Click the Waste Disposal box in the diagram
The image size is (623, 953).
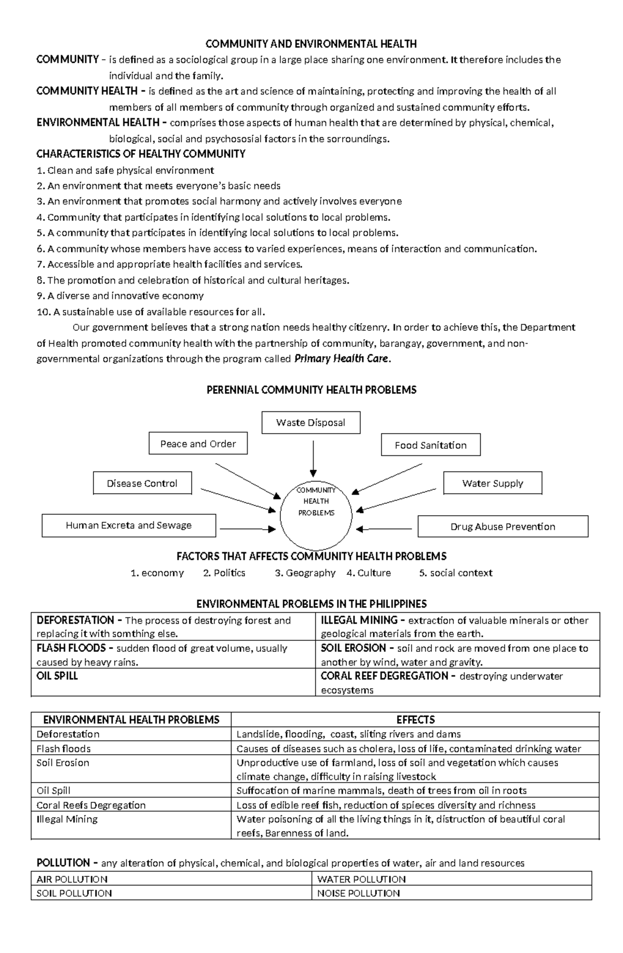pyautogui.click(x=310, y=423)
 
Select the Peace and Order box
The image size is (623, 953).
pyautogui.click(x=198, y=444)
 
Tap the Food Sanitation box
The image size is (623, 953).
pyautogui.click(x=430, y=445)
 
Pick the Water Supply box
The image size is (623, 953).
pyautogui.click(x=492, y=484)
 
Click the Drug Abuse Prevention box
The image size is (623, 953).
pyautogui.click(x=503, y=527)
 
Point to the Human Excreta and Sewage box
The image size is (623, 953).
pyautogui.click(x=128, y=526)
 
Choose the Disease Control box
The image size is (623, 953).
pyautogui.click(x=142, y=484)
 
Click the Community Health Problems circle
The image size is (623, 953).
pyautogui.click(x=316, y=512)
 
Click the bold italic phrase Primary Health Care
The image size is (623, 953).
pyautogui.click(x=341, y=359)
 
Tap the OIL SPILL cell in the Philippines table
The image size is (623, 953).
pyautogui.click(x=57, y=676)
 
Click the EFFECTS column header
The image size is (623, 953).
pyautogui.click(x=415, y=720)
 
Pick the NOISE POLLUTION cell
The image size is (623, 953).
pyautogui.click(x=358, y=893)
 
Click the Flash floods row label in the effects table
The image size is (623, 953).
pyautogui.click(x=63, y=749)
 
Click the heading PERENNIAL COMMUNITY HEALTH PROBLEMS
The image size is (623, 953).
pyautogui.click(x=311, y=390)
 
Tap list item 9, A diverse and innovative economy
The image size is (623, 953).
pyautogui.click(x=120, y=296)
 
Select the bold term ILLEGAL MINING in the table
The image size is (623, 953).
pyautogui.click(x=359, y=620)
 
